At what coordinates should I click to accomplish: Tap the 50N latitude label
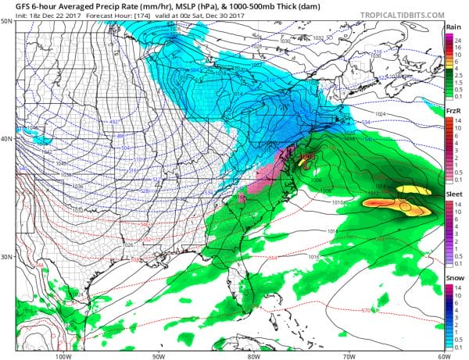point(7,21)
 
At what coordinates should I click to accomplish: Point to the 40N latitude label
point(7,139)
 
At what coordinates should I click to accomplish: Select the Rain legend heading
point(453,27)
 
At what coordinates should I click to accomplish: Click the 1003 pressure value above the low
point(306,156)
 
